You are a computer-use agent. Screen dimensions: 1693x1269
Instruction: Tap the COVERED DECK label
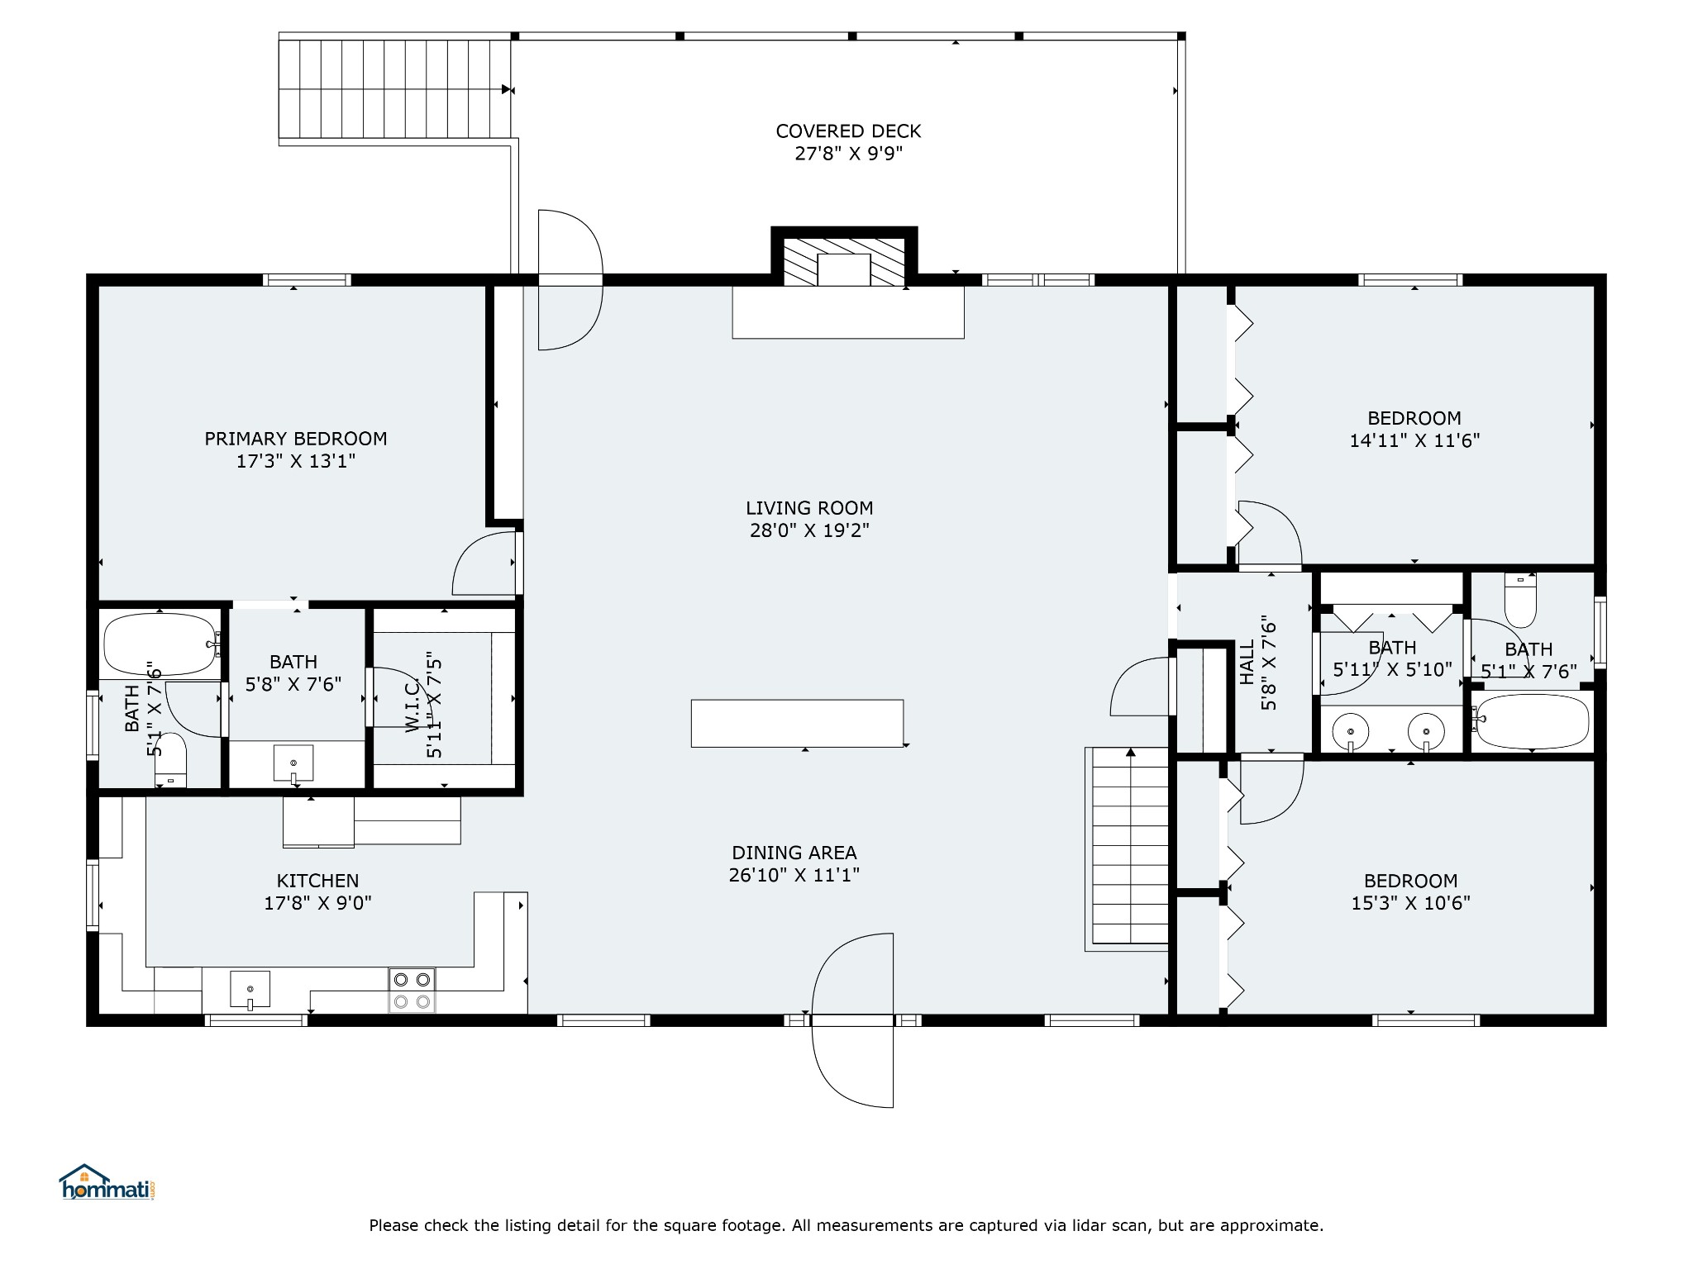848,131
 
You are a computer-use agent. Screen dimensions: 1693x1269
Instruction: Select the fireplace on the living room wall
844,259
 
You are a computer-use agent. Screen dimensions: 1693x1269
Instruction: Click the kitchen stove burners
412,991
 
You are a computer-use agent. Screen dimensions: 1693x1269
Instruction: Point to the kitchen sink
250,990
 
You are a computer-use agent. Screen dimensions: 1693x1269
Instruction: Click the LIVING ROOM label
809,508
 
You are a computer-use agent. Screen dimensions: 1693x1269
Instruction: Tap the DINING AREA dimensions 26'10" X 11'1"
794,875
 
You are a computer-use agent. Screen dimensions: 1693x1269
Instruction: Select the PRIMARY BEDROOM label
296,439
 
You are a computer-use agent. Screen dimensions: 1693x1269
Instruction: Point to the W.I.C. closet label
413,707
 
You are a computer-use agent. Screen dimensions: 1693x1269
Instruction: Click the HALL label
1247,663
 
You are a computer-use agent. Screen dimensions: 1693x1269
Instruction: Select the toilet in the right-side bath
1520,601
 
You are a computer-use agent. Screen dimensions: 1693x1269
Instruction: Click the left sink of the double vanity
1351,732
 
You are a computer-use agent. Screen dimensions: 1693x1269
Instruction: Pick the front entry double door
853,1020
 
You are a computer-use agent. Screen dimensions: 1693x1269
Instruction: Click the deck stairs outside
394,88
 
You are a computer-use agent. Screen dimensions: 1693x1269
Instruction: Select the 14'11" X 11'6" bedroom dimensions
1414,440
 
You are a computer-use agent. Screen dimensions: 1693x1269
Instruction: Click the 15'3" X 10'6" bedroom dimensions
1411,903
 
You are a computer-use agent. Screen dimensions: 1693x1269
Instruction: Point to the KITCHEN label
317,881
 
